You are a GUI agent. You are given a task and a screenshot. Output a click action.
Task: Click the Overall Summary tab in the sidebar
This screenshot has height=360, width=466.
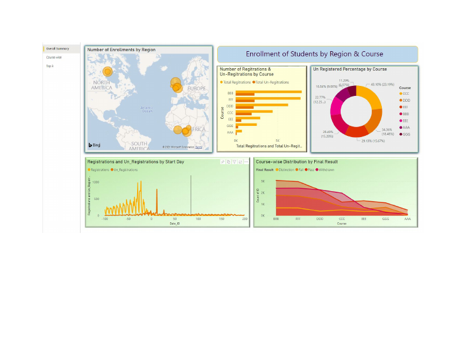(58, 48)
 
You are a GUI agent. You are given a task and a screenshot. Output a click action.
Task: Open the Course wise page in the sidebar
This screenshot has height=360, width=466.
(54, 57)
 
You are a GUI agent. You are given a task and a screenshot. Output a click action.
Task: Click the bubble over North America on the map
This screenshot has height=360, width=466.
(108, 72)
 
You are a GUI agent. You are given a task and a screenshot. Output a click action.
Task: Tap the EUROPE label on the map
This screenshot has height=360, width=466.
(196, 88)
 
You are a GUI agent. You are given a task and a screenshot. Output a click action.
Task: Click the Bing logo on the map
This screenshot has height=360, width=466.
(94, 145)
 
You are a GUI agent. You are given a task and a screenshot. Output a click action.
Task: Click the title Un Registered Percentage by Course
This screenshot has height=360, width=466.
(349, 69)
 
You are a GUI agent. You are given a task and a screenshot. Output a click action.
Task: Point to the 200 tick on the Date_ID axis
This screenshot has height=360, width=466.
(244, 218)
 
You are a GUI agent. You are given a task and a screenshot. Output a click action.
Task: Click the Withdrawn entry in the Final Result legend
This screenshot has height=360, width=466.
(327, 169)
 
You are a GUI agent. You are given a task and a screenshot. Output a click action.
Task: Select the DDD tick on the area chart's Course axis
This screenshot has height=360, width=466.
(319, 218)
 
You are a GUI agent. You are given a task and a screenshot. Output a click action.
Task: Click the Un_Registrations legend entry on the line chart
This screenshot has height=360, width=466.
(125, 169)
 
